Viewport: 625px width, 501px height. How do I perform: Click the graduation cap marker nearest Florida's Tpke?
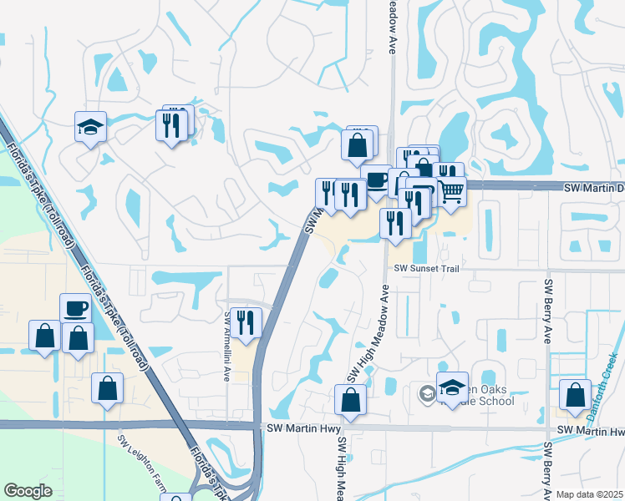pos(90,128)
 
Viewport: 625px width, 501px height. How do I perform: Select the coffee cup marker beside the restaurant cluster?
pos(376,180)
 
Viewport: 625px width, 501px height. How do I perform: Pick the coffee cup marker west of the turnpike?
pos(75,308)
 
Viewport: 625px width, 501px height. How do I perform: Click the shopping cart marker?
pos(451,192)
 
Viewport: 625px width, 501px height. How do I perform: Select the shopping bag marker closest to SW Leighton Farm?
pos(107,388)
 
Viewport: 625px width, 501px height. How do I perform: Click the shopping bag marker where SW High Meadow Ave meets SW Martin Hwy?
pos(350,401)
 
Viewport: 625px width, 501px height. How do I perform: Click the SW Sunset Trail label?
pos(427,268)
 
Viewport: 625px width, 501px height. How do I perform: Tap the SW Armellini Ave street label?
pos(226,347)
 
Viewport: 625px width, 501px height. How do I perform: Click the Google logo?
pos(28,491)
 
